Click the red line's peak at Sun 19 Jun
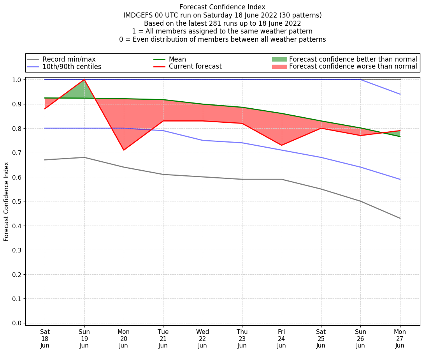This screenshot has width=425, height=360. (84, 79)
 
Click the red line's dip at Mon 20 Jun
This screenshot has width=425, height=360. (124, 150)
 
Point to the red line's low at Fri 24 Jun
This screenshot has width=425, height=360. (281, 145)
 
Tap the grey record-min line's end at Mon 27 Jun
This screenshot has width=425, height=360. (400, 218)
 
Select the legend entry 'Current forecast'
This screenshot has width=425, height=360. (195, 67)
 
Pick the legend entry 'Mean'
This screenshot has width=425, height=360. (177, 59)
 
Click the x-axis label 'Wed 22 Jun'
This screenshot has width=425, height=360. (202, 338)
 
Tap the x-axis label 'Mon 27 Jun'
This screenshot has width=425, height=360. (400, 338)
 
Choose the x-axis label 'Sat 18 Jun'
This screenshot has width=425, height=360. (45, 338)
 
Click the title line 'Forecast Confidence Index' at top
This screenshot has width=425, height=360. (222, 7)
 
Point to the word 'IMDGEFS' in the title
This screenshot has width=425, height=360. (139, 15)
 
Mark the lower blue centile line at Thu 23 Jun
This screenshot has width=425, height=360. (242, 143)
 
